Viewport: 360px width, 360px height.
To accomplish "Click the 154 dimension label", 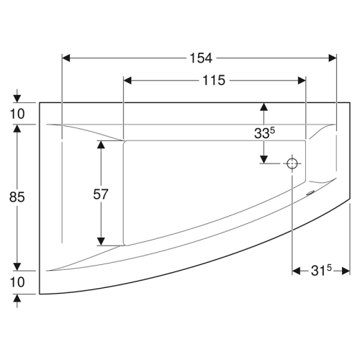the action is (x=201, y=58).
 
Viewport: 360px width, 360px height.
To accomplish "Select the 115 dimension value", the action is (x=214, y=81).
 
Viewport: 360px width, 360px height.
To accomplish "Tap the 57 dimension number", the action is (x=101, y=194).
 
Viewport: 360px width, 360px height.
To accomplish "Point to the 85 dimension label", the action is (x=17, y=197).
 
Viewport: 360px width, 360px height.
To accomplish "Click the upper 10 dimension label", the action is (x=17, y=114).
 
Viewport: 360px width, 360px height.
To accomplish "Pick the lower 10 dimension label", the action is (x=17, y=282).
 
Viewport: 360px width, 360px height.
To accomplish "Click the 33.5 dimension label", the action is (x=264, y=132).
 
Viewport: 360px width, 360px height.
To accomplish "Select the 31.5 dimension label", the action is (x=321, y=271).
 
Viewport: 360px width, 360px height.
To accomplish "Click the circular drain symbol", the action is (x=292, y=163).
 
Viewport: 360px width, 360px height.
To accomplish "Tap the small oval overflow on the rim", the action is (x=310, y=192).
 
